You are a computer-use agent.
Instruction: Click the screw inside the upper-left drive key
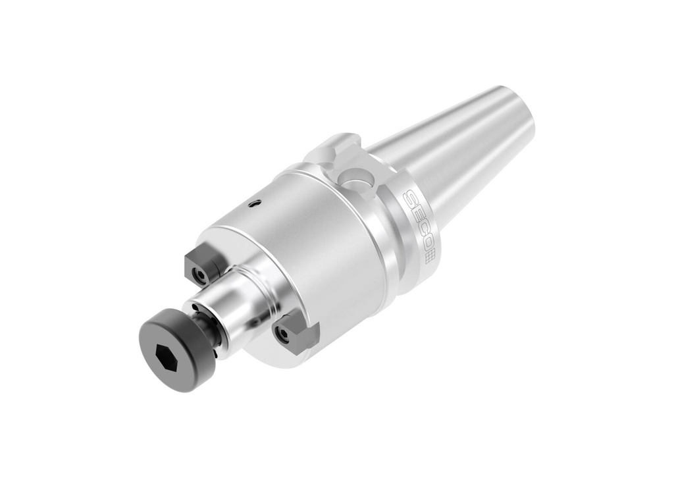[195, 272]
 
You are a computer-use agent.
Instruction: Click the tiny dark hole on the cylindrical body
[253, 204]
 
